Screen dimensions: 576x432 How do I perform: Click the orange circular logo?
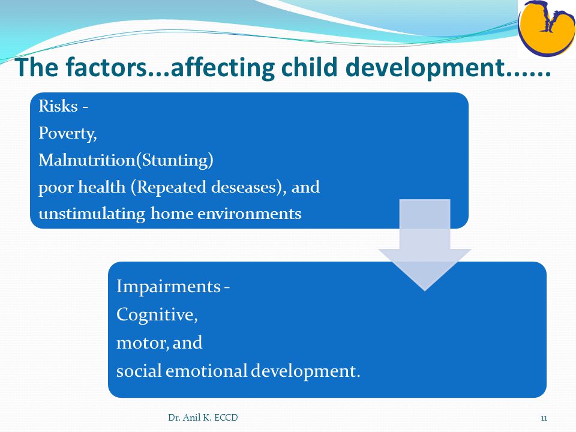(x=547, y=28)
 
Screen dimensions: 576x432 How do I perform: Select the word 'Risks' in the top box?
(x=58, y=106)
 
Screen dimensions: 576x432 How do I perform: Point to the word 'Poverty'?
(x=67, y=134)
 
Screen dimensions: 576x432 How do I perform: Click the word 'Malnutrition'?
(x=86, y=160)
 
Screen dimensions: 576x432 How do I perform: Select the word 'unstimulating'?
(x=91, y=214)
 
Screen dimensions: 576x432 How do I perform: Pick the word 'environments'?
(x=250, y=214)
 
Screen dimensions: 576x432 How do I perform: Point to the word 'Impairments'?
(x=169, y=287)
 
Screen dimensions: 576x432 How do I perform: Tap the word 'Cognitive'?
(x=157, y=315)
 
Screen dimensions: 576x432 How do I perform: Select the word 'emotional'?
(x=206, y=371)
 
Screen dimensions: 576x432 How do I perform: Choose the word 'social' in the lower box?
(x=139, y=371)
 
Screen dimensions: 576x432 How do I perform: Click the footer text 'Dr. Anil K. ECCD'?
(x=203, y=418)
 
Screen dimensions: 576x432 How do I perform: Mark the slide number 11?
(x=544, y=418)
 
